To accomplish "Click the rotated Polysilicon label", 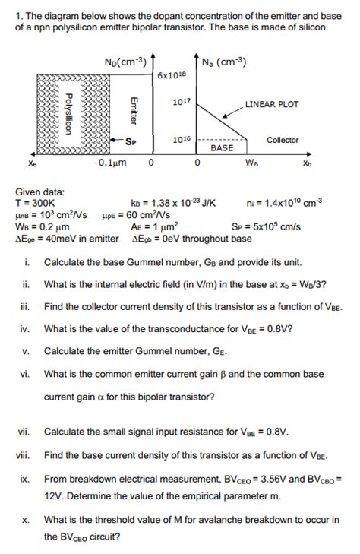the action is (68, 114).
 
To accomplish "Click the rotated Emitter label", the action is (134, 111).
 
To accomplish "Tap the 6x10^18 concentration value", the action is (172, 75).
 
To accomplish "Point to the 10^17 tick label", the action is (182, 102).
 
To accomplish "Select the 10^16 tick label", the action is (182, 139).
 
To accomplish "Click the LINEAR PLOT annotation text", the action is (272, 104).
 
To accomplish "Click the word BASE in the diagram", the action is (222, 147).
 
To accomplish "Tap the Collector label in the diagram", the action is (283, 140).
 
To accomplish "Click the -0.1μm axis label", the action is (110, 163).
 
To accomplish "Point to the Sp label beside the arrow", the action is (131, 141).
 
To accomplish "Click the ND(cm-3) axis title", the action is (125, 62).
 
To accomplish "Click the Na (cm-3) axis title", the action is (224, 62).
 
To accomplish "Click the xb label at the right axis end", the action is (308, 163).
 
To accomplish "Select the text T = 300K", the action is (35, 203).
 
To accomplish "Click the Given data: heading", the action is (40, 192).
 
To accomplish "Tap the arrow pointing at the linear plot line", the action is (233, 112).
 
